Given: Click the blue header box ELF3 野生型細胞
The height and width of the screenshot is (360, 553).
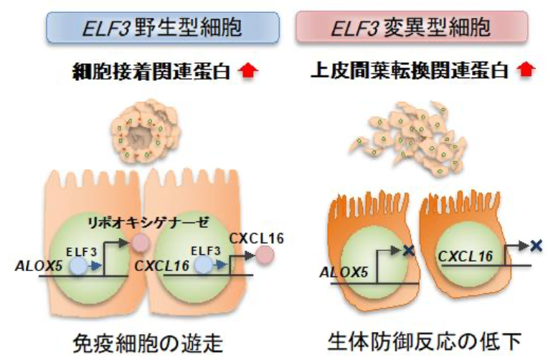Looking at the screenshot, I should click(146, 27).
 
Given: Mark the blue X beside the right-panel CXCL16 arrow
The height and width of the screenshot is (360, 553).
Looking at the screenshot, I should click(534, 245).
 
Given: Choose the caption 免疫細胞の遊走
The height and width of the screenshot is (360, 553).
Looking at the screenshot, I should click(148, 340).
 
